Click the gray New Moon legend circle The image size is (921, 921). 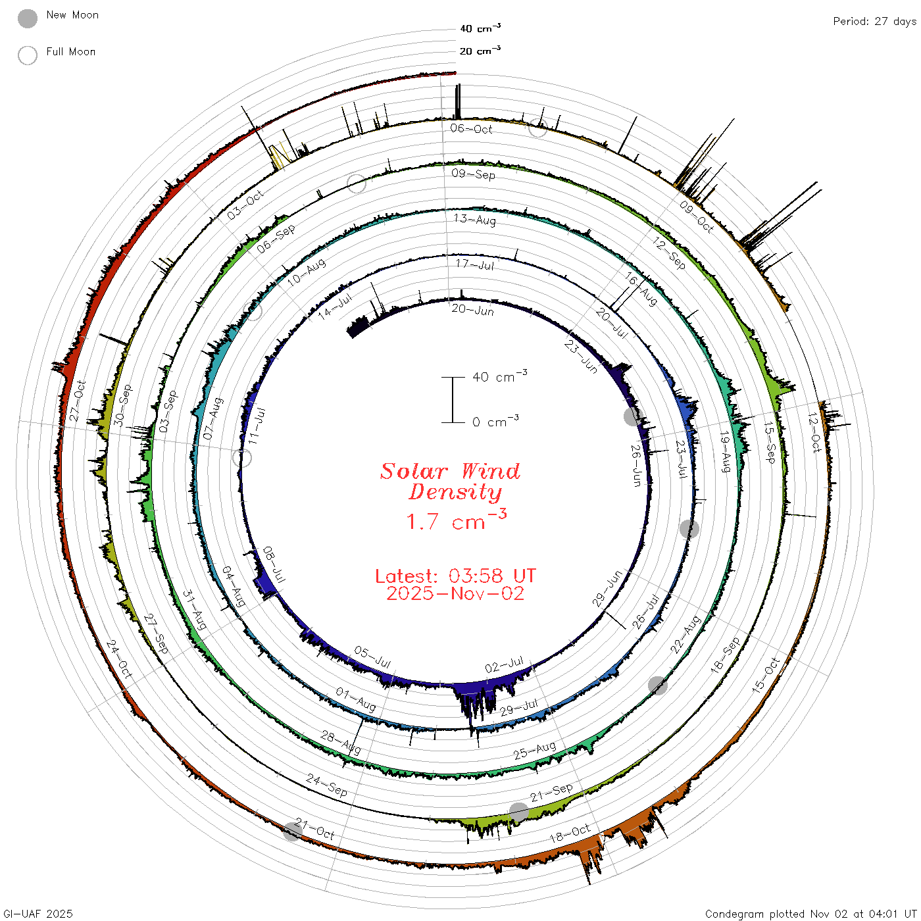coord(27,18)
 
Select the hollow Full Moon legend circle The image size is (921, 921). coord(27,55)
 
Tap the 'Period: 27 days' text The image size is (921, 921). coord(874,22)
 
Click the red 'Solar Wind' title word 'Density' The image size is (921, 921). coord(455,492)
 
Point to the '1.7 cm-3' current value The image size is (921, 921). coord(456,520)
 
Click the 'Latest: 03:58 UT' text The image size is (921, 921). coord(455,576)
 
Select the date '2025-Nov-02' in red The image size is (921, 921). coord(455,593)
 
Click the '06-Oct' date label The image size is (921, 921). coord(471,128)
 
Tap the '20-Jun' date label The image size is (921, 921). coord(472,310)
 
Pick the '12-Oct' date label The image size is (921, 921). coord(814,432)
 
